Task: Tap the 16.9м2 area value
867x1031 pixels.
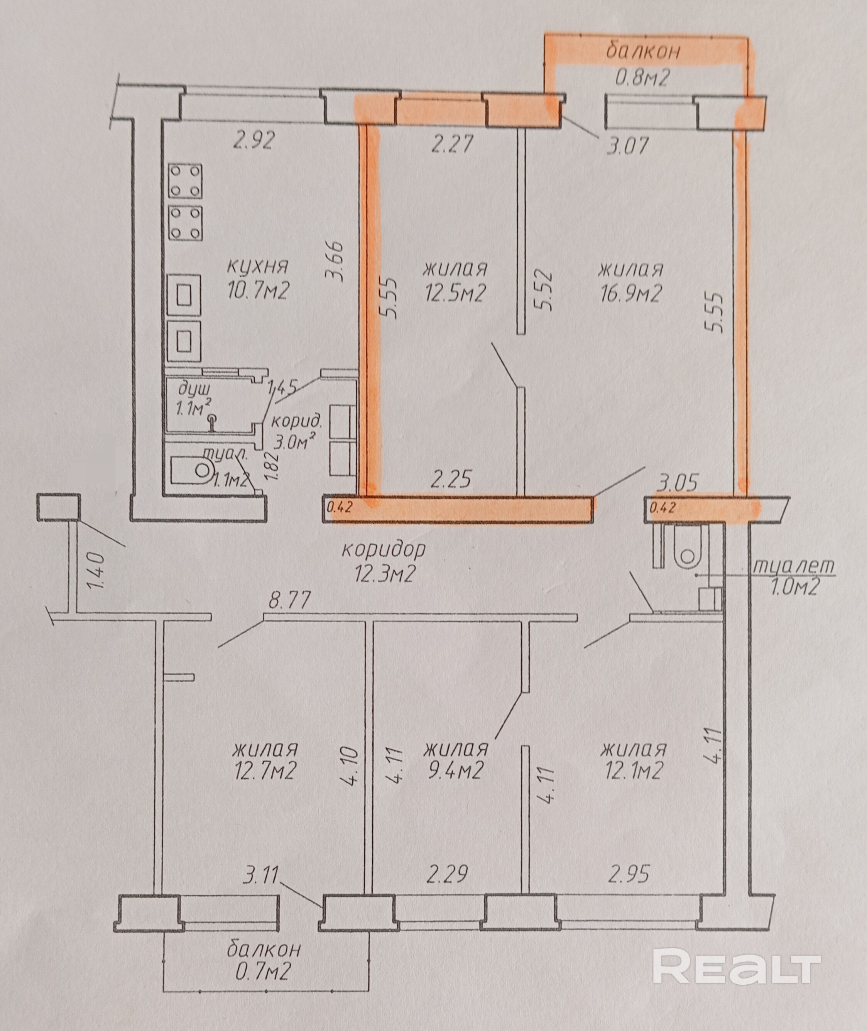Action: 630,294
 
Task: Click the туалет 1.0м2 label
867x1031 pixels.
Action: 793,576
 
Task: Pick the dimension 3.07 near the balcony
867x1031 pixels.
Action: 628,146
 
